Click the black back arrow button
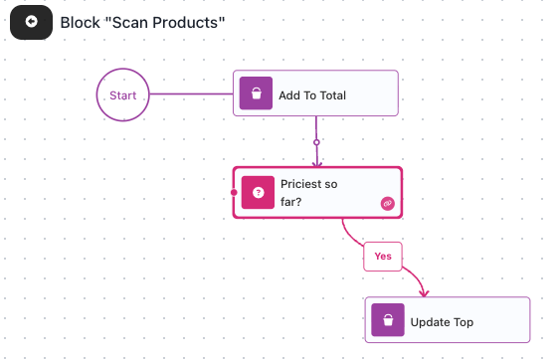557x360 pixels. pyautogui.click(x=31, y=22)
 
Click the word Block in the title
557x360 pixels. pyautogui.click(x=81, y=23)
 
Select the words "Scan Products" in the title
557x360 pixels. pyautogui.click(x=165, y=23)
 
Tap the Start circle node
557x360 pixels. pyautogui.click(x=123, y=94)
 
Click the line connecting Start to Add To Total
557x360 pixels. pyautogui.click(x=191, y=94)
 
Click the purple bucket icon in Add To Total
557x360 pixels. pyautogui.click(x=257, y=93)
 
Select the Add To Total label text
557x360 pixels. pyautogui.click(x=312, y=95)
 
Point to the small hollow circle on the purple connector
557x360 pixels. pyautogui.click(x=316, y=142)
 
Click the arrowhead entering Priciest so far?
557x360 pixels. pyautogui.click(x=317, y=163)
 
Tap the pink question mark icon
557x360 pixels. pyautogui.click(x=258, y=192)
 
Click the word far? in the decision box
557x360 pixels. pyautogui.click(x=290, y=202)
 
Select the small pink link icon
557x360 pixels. pyautogui.click(x=388, y=204)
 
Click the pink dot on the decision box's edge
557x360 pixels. pyautogui.click(x=234, y=192)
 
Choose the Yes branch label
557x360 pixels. pyautogui.click(x=383, y=257)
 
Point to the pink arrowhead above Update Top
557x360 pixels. pyautogui.click(x=424, y=293)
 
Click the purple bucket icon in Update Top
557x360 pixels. pyautogui.click(x=388, y=320)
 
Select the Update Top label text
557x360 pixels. pyautogui.click(x=442, y=322)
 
